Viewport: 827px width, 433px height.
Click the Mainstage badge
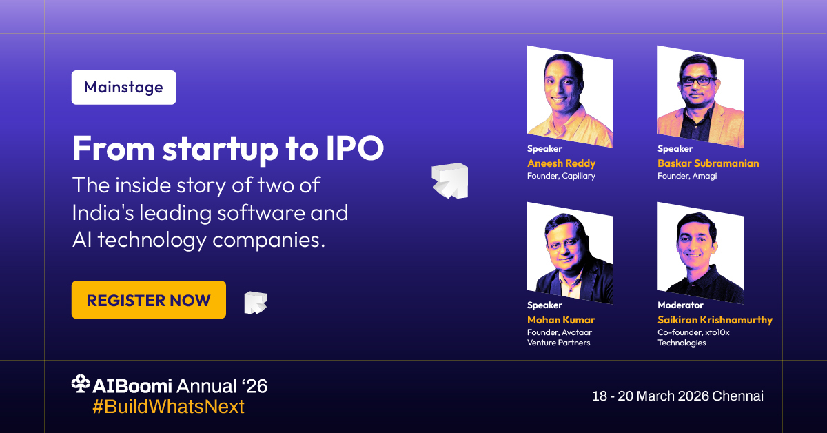coord(123,88)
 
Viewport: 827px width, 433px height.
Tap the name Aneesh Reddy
coord(561,163)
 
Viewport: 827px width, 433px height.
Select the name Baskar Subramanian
coord(708,163)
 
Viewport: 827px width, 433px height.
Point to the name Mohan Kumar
coord(560,320)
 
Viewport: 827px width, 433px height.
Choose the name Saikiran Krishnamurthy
coord(715,320)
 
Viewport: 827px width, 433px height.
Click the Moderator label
coord(680,305)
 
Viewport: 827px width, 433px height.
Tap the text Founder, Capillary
coord(561,176)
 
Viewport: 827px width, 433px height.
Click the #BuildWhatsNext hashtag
coord(168,407)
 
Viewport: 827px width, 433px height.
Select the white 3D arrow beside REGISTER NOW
coord(256,302)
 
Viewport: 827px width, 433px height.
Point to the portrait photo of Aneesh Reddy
coord(569,97)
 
